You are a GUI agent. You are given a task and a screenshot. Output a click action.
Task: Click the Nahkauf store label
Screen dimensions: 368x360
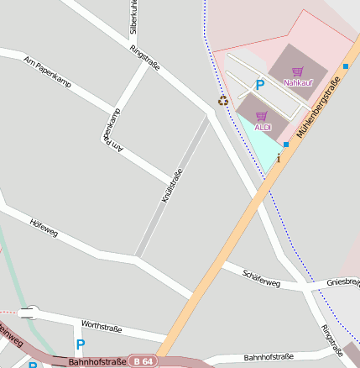[x=297, y=82]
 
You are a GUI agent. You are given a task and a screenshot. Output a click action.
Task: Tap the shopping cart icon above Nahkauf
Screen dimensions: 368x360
[x=297, y=71]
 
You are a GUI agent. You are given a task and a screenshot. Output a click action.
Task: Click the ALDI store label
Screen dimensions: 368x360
[x=263, y=127]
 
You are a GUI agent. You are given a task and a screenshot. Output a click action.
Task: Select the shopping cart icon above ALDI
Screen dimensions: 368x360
[x=261, y=116]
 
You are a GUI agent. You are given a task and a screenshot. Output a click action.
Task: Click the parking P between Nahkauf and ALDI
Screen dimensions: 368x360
[x=260, y=85]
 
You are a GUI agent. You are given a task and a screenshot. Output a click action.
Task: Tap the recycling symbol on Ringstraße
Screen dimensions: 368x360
[x=222, y=101]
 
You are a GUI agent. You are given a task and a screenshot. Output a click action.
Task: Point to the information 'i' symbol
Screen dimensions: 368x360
[x=279, y=158]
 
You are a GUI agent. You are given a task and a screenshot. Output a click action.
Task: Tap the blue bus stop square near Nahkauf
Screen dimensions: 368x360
[x=345, y=66]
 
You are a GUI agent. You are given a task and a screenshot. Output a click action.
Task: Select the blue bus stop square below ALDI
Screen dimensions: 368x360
[x=286, y=145]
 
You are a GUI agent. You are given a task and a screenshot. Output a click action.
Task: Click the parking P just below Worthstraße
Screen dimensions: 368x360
[x=81, y=344]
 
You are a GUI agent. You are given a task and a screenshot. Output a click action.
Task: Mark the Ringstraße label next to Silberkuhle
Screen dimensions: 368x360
[x=144, y=59]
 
